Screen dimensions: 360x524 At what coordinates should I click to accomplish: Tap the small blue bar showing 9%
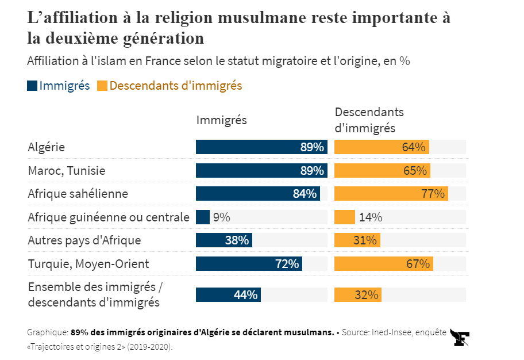point(203,217)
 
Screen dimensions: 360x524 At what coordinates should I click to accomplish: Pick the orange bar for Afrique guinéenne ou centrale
point(345,217)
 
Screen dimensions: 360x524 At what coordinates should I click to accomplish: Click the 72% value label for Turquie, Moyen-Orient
point(287,264)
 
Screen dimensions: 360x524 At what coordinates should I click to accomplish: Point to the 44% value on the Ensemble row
point(245,295)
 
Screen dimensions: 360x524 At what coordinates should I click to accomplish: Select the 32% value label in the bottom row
point(367,295)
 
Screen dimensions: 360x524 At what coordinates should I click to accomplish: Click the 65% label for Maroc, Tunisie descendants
point(415,171)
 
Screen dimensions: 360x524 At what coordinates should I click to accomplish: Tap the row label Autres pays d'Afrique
point(84,240)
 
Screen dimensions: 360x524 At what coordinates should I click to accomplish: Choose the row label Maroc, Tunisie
point(67,171)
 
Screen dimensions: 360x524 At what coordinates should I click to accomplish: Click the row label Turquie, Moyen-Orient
point(88,264)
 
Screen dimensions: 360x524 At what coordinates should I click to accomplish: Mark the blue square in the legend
point(32,86)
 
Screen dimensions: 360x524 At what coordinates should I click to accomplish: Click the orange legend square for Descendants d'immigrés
point(102,86)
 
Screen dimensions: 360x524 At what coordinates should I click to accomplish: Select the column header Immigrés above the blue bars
point(222,120)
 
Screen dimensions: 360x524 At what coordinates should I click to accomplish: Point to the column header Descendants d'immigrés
point(369,120)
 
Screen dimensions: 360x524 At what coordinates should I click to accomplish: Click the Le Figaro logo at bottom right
point(460,338)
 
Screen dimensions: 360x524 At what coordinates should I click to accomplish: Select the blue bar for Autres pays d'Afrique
point(224,240)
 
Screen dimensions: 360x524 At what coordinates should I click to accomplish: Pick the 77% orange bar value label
point(433,194)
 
